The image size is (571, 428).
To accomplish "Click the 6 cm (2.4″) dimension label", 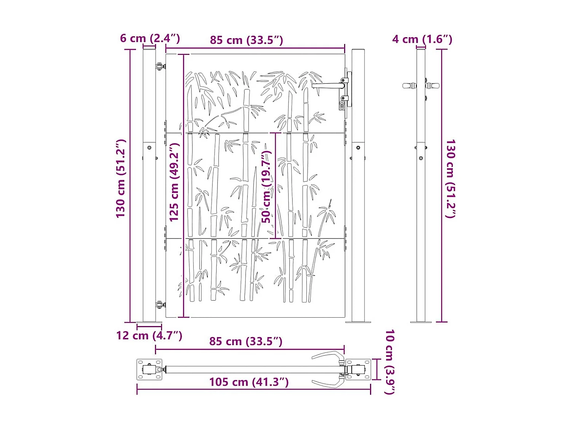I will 150,38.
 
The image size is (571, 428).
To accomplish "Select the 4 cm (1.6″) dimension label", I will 422,39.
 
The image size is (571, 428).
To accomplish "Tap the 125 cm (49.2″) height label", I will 174,182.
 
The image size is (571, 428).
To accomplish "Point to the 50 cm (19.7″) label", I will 266,186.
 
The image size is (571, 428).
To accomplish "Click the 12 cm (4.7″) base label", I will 149,335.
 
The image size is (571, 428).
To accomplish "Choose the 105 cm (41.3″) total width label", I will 249,382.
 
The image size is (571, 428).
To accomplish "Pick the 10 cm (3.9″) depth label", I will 389,362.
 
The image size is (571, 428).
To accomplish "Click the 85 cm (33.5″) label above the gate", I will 246,40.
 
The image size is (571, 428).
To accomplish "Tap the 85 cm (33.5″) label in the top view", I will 246,341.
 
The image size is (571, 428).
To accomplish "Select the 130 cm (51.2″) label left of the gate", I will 121,178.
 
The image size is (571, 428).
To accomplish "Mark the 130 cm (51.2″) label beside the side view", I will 450,178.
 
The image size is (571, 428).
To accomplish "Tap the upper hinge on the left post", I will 161,67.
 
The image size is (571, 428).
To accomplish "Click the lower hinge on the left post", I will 161,304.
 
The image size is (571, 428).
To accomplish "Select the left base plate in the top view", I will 149,369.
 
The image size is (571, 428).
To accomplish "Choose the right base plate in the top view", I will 358,369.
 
